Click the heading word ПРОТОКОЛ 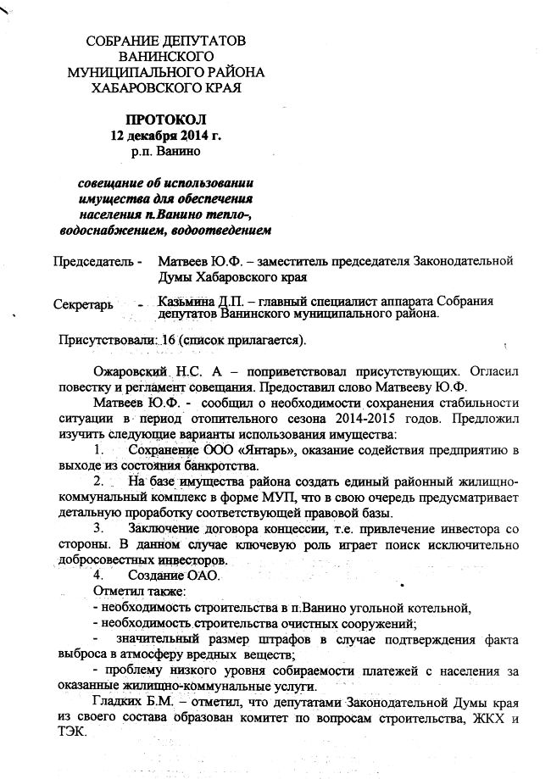[165, 120]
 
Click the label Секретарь [82, 303]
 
